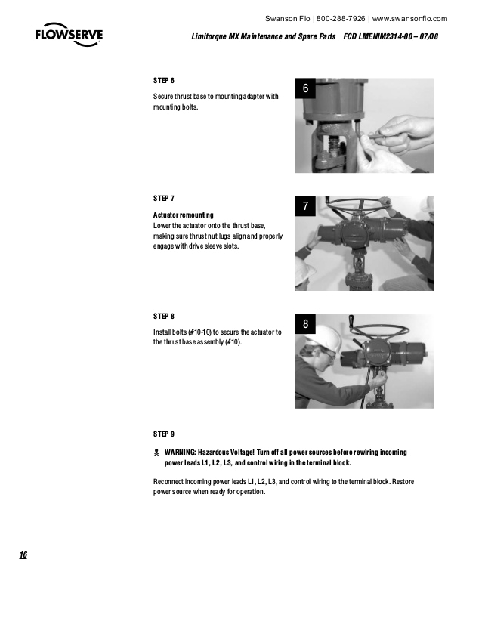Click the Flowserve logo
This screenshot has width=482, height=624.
pyautogui.click(x=69, y=36)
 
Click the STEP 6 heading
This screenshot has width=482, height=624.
pyautogui.click(x=164, y=80)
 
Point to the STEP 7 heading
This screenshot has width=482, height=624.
pyautogui.click(x=164, y=198)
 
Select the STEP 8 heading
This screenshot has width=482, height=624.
pyautogui.click(x=164, y=316)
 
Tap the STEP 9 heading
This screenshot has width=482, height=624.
pyautogui.click(x=164, y=434)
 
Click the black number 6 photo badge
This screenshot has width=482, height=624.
pyautogui.click(x=305, y=89)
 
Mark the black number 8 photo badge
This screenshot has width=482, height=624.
pyautogui.click(x=305, y=324)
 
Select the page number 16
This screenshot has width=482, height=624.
pyautogui.click(x=23, y=555)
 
